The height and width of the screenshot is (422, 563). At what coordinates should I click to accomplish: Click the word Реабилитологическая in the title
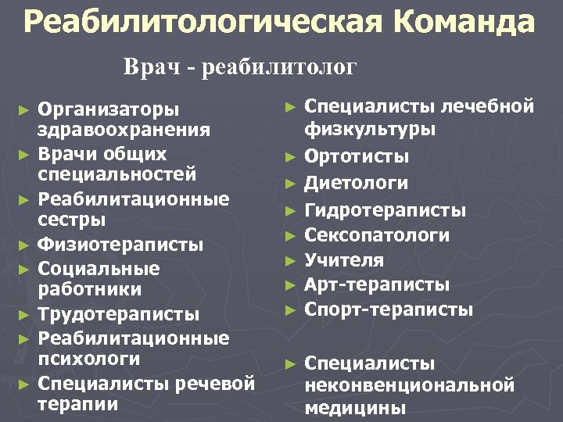click(x=199, y=23)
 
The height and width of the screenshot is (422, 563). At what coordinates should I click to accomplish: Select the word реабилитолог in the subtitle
click(x=279, y=68)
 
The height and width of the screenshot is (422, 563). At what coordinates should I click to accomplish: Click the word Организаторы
click(x=109, y=108)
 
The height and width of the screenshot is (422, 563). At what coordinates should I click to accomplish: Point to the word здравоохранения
click(x=124, y=129)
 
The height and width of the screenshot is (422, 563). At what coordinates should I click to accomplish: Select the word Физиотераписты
click(x=121, y=245)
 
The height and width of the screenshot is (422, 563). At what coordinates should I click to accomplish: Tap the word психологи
click(x=89, y=359)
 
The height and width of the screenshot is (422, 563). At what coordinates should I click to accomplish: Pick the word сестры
click(x=72, y=220)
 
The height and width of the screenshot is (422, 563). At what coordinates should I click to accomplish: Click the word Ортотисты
click(x=357, y=157)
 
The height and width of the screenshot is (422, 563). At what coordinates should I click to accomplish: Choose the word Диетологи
click(x=357, y=184)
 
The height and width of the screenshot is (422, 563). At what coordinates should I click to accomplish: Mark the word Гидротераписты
click(x=385, y=210)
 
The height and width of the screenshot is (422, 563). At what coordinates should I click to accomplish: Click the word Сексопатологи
click(x=377, y=235)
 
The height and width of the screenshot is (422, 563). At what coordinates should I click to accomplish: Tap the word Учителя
click(x=345, y=259)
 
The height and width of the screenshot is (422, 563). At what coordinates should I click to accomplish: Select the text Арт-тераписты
click(x=377, y=284)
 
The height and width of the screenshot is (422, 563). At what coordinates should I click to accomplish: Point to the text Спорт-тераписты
click(x=389, y=309)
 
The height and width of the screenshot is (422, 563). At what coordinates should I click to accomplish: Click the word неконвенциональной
click(x=410, y=385)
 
